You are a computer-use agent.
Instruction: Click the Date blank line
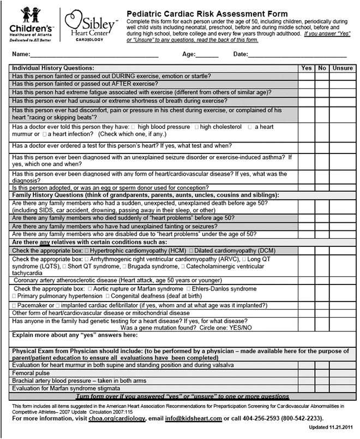297,55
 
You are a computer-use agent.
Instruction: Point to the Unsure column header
343,68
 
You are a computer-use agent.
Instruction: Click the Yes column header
305,68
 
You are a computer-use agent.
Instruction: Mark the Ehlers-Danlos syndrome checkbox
189,288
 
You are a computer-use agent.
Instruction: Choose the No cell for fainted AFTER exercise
322,84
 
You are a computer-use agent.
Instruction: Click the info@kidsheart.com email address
195,418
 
